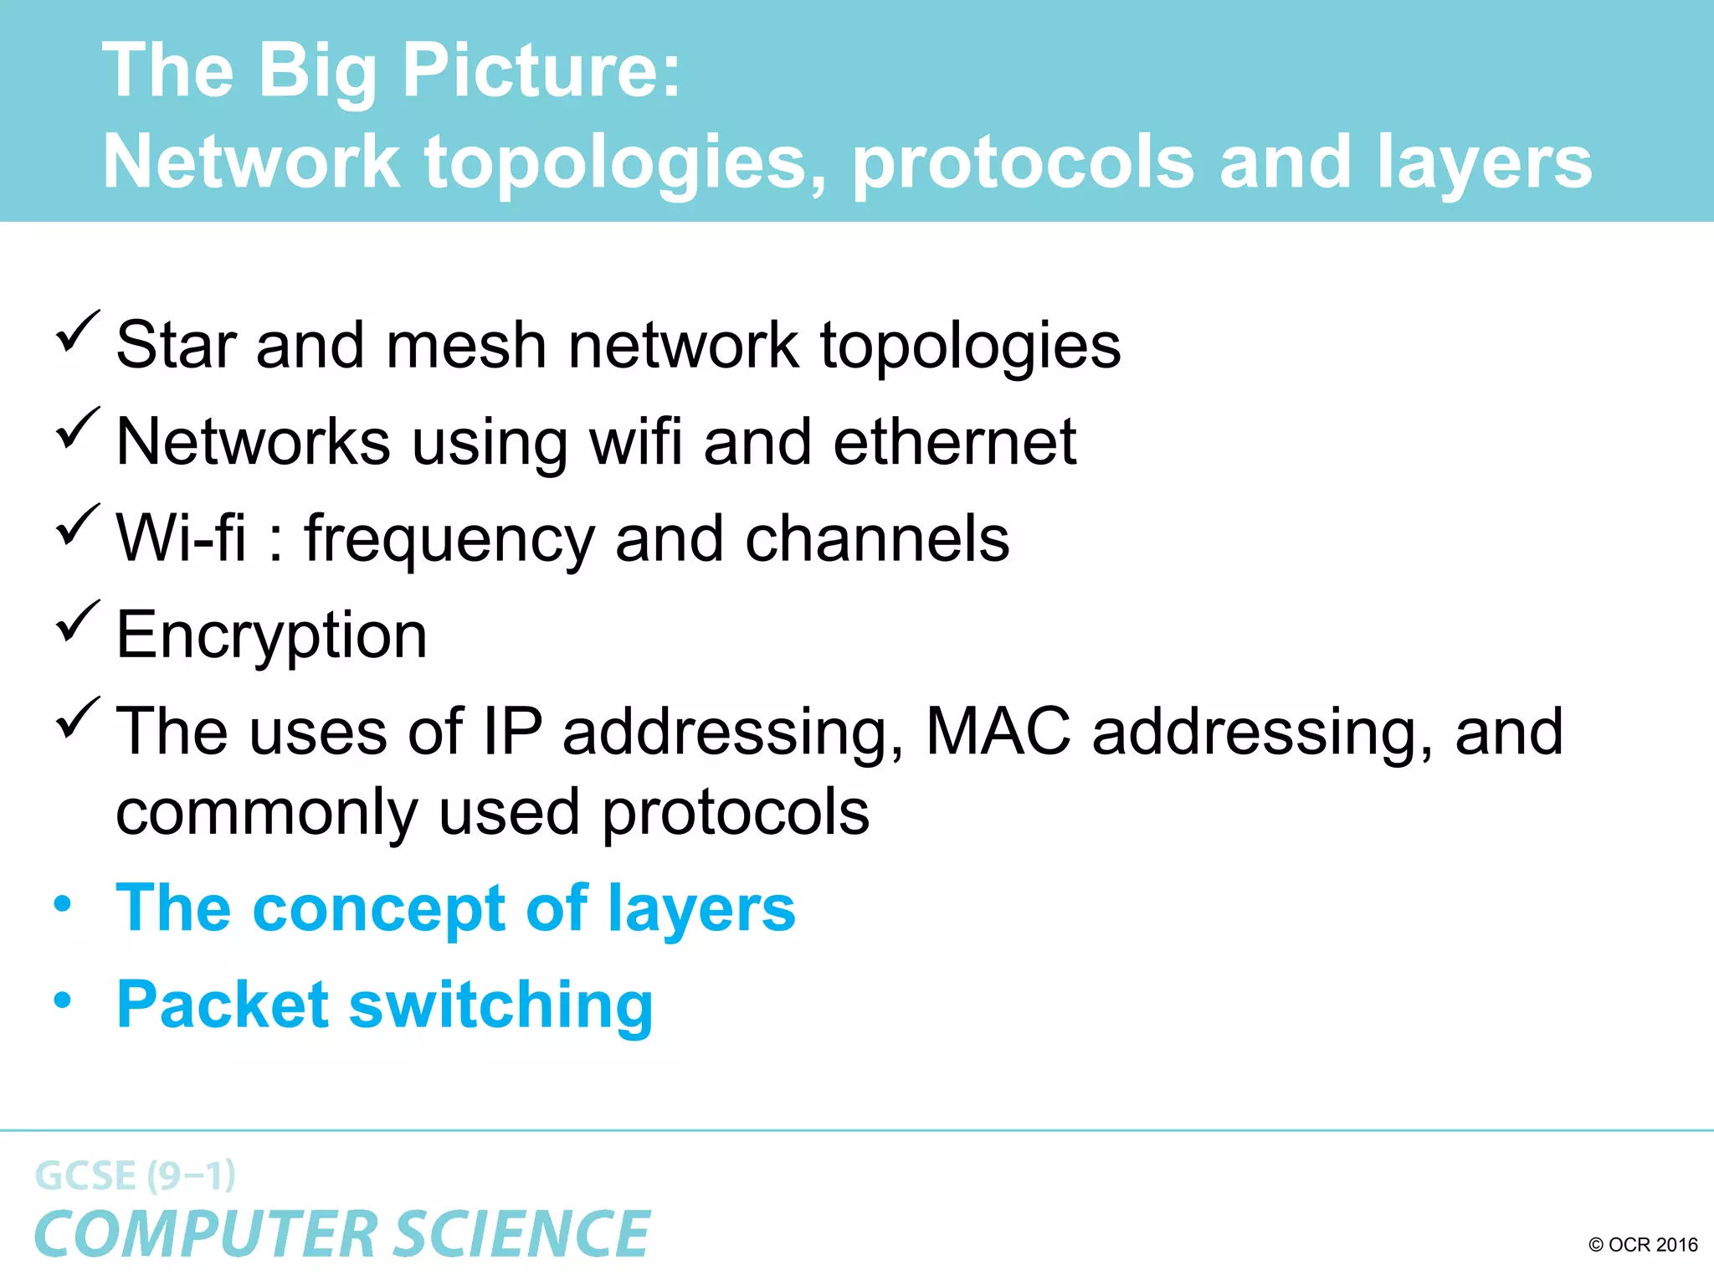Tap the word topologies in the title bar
pyautogui.click(x=624, y=162)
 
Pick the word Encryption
pyautogui.click(x=272, y=635)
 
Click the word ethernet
pyautogui.click(x=954, y=441)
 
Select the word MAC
pyautogui.click(x=998, y=731)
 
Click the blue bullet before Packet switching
pyautogui.click(x=63, y=1000)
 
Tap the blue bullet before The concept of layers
pyautogui.click(x=63, y=903)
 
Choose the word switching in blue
pyautogui.click(x=500, y=1005)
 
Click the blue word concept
pyautogui.click(x=378, y=909)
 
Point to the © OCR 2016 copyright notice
pyautogui.click(x=1642, y=1245)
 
